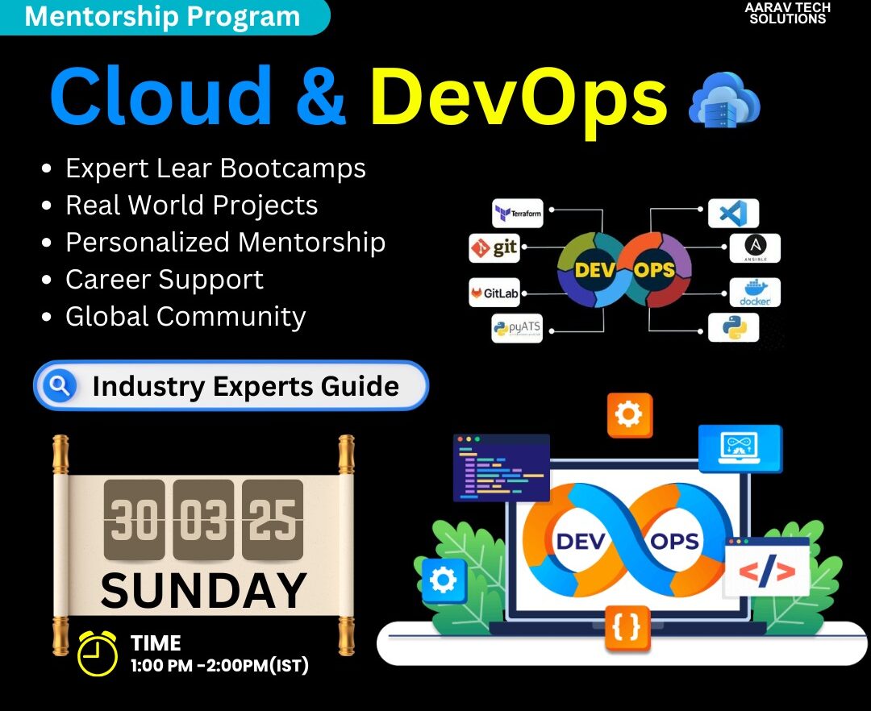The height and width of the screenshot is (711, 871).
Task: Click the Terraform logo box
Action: tap(517, 213)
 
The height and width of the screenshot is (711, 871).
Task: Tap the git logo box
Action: tap(494, 248)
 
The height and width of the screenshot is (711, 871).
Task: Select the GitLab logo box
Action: tap(494, 293)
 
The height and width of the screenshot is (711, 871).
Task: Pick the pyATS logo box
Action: tap(517, 328)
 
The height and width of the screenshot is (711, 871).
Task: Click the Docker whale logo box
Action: tap(754, 293)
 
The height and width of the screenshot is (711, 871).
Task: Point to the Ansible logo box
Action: tap(754, 248)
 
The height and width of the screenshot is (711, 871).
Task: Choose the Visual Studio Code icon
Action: tap(733, 213)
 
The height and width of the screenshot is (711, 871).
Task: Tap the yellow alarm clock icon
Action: tap(98, 653)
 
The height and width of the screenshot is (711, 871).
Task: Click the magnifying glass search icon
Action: tap(60, 385)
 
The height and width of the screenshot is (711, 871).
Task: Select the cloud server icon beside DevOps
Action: tap(723, 100)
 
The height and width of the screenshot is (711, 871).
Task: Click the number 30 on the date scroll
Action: tap(135, 519)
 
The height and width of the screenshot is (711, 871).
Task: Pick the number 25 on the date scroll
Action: tap(273, 519)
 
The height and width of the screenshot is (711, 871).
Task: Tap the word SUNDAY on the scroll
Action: tap(203, 591)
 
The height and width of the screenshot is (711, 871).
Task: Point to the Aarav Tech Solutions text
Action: tap(788, 14)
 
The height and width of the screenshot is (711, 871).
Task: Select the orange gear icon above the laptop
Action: tap(629, 415)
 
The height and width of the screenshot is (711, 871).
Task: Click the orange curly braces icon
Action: tap(627, 626)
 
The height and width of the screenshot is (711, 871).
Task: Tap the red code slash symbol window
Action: tap(767, 568)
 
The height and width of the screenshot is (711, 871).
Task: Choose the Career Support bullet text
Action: tap(165, 279)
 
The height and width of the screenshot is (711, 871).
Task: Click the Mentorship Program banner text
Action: tap(162, 16)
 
